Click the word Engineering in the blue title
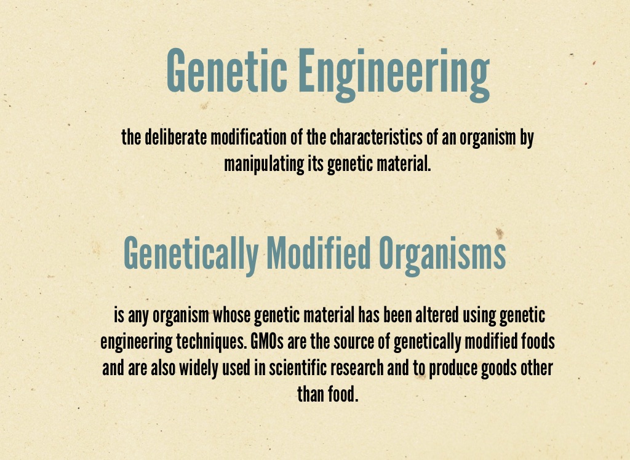point(394,74)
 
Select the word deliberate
point(175,137)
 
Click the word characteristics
point(376,137)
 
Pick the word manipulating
point(264,164)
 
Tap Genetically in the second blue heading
point(191,254)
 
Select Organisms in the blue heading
point(442,254)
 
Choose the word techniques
point(211,342)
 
